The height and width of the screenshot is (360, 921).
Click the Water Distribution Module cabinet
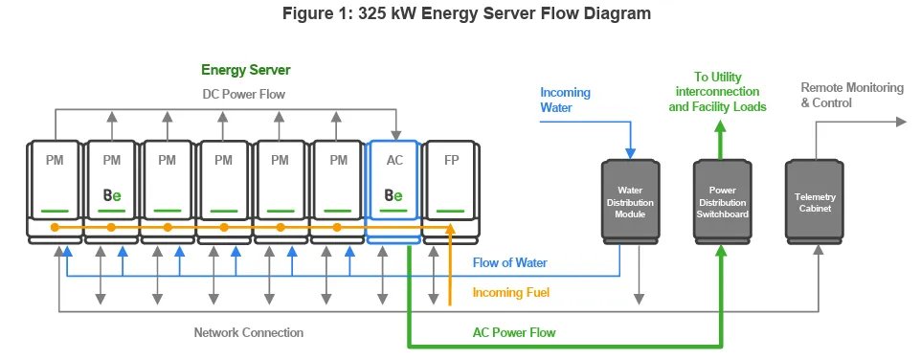coord(630,202)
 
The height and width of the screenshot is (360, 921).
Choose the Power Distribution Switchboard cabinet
coord(722,202)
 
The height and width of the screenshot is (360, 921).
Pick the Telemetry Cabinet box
coord(815,202)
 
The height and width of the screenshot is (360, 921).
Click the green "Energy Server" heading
coord(245,71)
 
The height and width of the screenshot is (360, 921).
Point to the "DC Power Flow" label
coord(244,94)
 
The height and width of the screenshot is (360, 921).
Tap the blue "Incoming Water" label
coord(565,100)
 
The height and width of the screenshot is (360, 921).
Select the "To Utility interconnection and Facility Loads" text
coord(717,92)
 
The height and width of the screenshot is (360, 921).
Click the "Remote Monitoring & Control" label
coord(852,95)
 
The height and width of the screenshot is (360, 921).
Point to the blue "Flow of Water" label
coord(509,262)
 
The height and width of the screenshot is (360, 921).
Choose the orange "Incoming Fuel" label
coord(511,292)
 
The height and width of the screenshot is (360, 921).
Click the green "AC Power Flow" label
coord(514,332)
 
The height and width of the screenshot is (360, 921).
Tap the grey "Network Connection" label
coord(249,333)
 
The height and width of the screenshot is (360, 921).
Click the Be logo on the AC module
coord(393,195)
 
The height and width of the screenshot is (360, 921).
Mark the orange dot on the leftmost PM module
coord(55,227)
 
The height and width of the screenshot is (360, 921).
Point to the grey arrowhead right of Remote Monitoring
coord(902,122)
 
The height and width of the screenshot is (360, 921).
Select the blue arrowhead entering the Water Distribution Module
coord(630,153)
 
